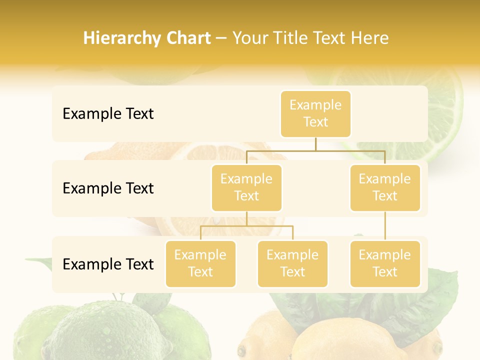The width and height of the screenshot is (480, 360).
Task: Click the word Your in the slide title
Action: coord(250,38)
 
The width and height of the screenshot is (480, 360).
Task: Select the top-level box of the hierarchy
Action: coord(315,113)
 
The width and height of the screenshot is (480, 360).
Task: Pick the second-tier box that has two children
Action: coord(246,187)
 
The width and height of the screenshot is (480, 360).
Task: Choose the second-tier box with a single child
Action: coord(385,187)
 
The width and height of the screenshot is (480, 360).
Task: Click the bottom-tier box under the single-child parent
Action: coord(385,263)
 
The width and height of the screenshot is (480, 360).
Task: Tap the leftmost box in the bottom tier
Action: coord(200,263)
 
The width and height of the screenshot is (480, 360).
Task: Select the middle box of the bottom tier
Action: coord(292,263)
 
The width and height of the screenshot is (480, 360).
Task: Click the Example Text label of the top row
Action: coord(108,114)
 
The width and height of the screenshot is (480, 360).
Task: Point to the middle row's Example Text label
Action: coord(108,188)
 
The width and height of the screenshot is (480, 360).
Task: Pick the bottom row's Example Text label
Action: coord(108,264)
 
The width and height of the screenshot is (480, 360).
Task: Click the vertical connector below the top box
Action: coord(315,144)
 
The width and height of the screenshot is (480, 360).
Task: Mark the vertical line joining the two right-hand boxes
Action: coord(385,226)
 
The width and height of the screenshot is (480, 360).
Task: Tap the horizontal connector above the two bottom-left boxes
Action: coord(246,226)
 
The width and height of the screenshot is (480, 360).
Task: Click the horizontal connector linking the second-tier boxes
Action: coord(315,150)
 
